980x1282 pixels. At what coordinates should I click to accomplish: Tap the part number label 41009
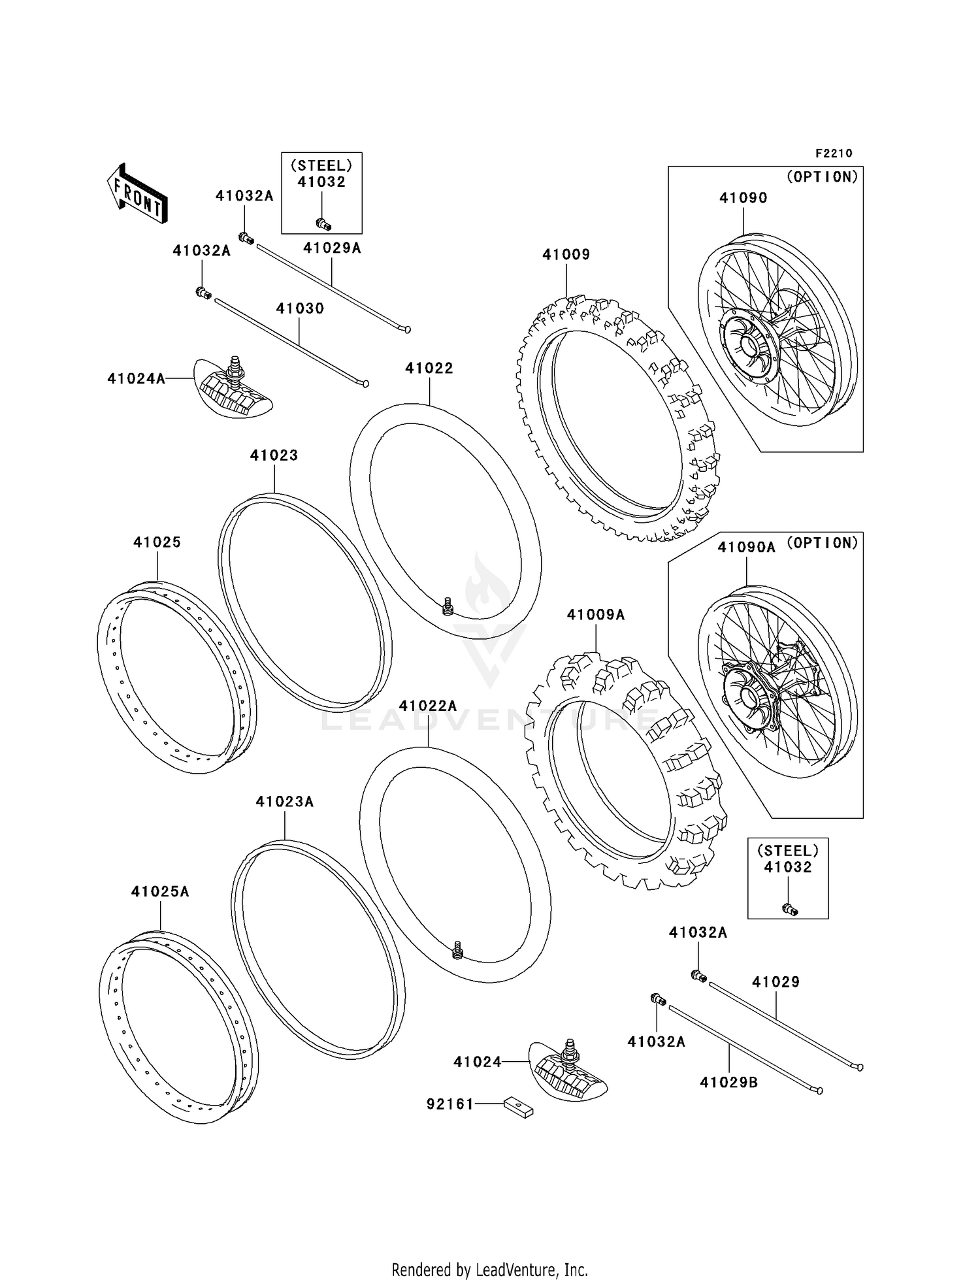point(566,255)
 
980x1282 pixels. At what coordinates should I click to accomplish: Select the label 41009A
point(595,615)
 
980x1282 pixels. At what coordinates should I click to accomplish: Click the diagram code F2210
point(833,154)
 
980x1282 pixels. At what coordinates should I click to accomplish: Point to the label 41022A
point(428,706)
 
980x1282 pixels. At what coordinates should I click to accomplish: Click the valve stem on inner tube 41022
point(448,606)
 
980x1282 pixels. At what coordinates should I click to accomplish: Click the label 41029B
point(728,1083)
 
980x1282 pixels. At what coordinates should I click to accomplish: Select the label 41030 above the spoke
point(300,308)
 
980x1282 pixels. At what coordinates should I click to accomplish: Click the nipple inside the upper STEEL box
point(323,224)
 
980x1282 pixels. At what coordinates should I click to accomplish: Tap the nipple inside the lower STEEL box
point(790,908)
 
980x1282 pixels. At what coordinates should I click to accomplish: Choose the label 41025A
point(160,892)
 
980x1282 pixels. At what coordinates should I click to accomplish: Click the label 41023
point(274,455)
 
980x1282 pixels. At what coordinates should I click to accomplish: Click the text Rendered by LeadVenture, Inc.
point(489,1270)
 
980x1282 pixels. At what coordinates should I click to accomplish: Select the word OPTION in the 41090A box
point(822,543)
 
